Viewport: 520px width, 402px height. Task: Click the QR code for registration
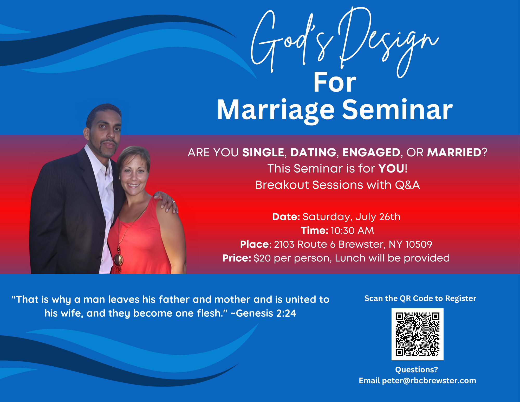417,334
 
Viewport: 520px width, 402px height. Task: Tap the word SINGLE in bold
263,152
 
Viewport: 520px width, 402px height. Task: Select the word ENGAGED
371,152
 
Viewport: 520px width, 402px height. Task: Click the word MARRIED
454,152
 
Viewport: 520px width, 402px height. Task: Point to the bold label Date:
286,217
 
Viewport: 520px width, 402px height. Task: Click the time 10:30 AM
352,231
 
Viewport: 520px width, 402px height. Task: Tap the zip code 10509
419,244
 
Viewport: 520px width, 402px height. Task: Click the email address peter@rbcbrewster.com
429,381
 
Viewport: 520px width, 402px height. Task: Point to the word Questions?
417,369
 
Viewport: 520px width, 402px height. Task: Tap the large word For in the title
335,82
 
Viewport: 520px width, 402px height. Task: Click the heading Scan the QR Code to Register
420,298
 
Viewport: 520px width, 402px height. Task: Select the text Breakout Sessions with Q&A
337,185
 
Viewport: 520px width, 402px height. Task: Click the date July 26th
378,217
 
